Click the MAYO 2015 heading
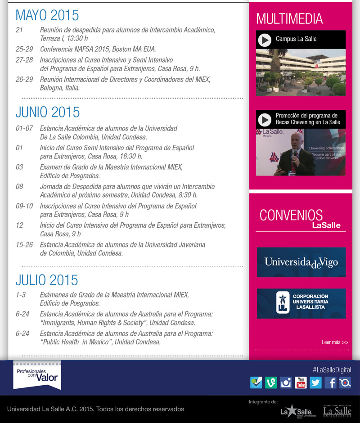point(47,15)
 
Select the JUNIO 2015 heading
point(48,112)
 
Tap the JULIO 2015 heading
point(47,280)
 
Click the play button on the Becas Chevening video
point(265,119)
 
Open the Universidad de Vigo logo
point(301,262)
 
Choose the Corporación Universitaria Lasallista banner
point(301,304)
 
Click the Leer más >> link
point(335,342)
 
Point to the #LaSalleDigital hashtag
point(332,369)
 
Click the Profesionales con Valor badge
point(37,375)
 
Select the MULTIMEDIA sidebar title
point(289,19)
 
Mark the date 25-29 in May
point(24,49)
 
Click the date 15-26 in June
point(24,245)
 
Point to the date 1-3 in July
point(21,295)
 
